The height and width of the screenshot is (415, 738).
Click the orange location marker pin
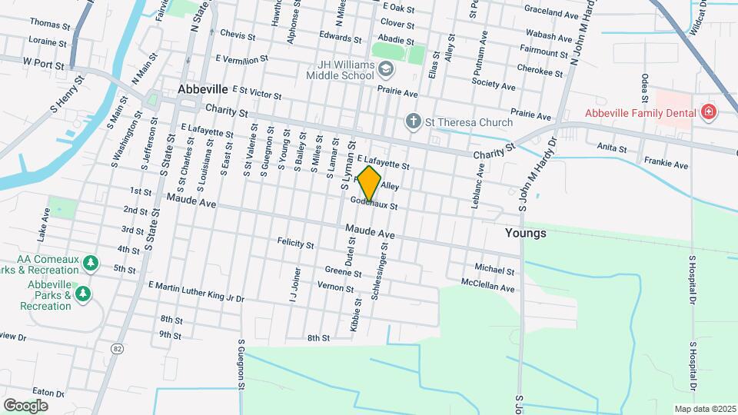[x=370, y=184]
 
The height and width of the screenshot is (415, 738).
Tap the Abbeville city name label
[x=204, y=89]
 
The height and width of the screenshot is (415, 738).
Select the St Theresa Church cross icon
[x=413, y=121]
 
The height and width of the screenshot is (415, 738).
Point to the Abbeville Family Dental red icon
[x=708, y=112]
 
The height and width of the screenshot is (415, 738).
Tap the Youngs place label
[x=526, y=233]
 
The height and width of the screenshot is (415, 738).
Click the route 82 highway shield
[x=117, y=349]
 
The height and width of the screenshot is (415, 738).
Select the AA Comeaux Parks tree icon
[x=91, y=264]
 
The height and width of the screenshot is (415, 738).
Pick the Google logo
[x=25, y=405]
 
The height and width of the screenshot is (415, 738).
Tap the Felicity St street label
[x=296, y=245]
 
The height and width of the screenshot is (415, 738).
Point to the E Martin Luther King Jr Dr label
[x=196, y=291]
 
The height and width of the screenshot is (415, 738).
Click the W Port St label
[x=43, y=64]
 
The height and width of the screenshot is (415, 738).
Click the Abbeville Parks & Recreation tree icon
[x=83, y=294]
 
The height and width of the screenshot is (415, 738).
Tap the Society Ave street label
[x=492, y=82]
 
